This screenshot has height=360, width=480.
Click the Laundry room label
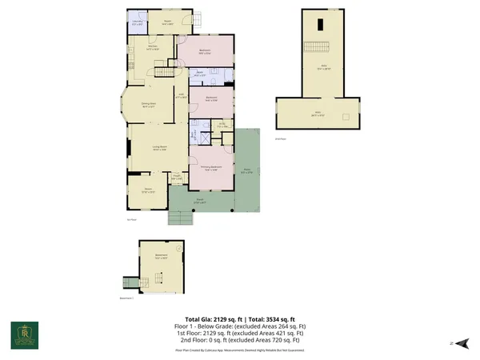pos(138,23)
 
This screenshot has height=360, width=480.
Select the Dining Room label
pos(147,106)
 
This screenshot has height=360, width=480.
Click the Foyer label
pos(177,177)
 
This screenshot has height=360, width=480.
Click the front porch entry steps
pos(178,217)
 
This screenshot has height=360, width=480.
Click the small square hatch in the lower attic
pos(346,117)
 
